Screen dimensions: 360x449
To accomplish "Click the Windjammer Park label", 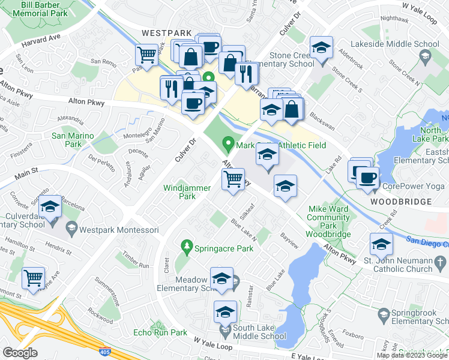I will pos(187,192).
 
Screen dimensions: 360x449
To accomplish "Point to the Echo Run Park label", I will pos(160,332).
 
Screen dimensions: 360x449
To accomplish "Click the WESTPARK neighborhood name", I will pos(163,33).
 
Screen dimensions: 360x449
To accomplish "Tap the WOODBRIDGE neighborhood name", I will pos(401,202).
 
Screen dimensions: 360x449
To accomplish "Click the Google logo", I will pos(20,353).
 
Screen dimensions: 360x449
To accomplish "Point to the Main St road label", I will pos(26,173).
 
